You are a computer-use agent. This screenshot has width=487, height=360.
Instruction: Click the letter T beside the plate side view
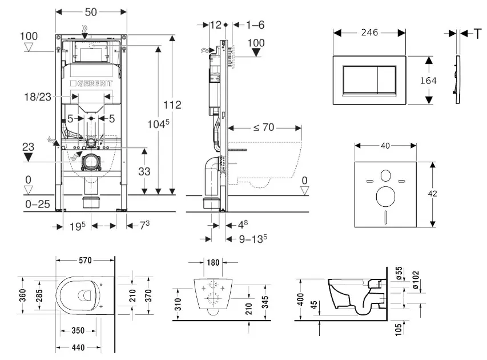pyautogui.click(x=477, y=34)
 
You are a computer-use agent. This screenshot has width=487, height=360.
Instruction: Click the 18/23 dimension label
pyautogui.click(x=37, y=97)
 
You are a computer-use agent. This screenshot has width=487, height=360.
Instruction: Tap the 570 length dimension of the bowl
pyautogui.click(x=86, y=261)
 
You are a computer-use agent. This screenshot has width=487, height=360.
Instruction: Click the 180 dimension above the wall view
pyautogui.click(x=212, y=263)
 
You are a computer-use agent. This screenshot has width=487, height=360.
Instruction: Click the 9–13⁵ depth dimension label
pyautogui.click(x=253, y=239)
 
